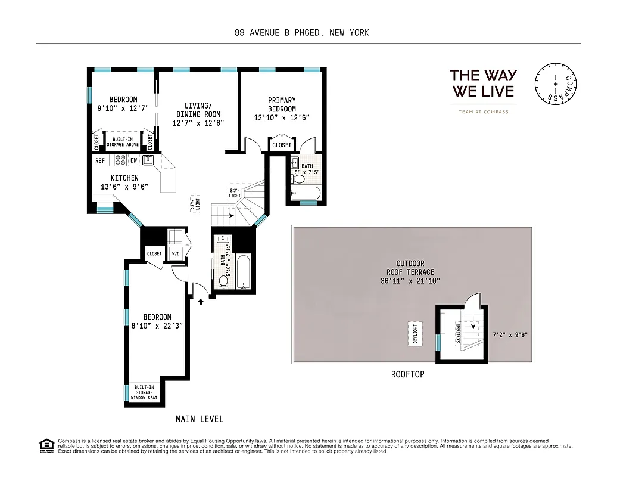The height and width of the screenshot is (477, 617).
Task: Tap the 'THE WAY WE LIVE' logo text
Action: [x=483, y=83]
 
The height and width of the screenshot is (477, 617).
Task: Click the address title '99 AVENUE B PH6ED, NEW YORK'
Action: [x=302, y=32]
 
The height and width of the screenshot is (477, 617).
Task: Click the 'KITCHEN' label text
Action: [x=124, y=178]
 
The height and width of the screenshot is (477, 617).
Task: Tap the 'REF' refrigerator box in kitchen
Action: [x=100, y=160]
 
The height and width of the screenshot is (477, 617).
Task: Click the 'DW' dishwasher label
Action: [x=134, y=160]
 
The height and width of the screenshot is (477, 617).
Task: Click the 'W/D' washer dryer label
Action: [x=176, y=253]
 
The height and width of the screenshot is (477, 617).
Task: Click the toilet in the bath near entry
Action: [x=223, y=281]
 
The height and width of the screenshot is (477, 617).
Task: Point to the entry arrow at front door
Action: [x=201, y=301]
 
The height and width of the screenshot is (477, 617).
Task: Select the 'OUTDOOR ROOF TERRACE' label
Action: [x=410, y=272]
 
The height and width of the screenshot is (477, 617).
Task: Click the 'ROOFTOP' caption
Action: [x=407, y=374]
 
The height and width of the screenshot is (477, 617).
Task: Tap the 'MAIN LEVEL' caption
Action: [x=200, y=419]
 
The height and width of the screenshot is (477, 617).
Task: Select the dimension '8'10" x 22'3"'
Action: [x=151, y=326]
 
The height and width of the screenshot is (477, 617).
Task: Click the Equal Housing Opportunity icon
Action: [x=45, y=445]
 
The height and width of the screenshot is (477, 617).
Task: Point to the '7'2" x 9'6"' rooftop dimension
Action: [x=510, y=335]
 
